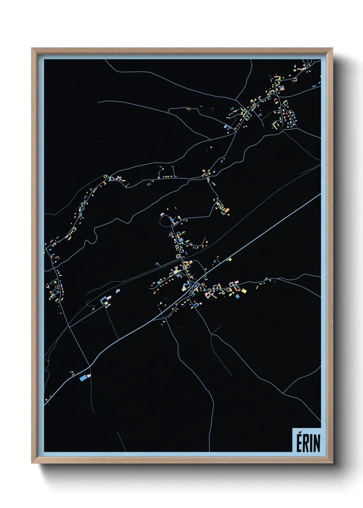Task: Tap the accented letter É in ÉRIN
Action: tap(299, 442)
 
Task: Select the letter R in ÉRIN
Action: tap(305, 443)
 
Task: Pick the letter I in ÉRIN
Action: tap(311, 443)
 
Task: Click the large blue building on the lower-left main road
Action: tap(83, 378)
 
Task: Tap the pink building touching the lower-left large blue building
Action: tap(89, 376)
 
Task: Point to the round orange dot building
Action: tap(229, 214)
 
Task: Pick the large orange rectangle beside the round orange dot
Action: tap(226, 210)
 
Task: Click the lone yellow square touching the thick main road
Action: tap(230, 259)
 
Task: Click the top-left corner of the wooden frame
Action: tap(32, 49)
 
